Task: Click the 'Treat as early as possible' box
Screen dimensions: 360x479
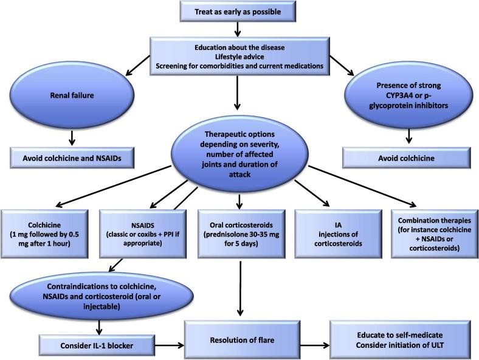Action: [x=238, y=11]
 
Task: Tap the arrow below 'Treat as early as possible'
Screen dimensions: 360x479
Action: [x=238, y=28]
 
